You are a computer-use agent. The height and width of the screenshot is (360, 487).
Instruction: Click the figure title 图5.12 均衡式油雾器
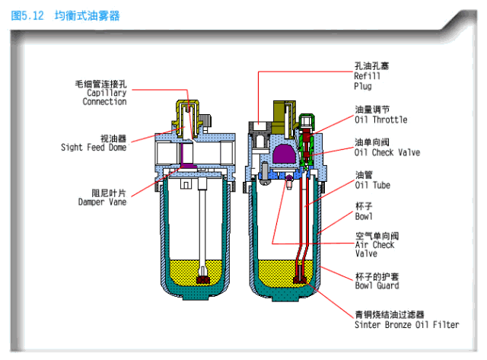(65, 15)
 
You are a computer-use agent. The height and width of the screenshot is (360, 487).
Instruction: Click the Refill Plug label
(367, 80)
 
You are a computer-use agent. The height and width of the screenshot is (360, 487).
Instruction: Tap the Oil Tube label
(371, 184)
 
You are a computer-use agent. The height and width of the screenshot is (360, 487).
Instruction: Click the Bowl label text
(364, 216)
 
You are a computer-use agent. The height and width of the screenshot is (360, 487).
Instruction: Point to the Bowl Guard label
(376, 286)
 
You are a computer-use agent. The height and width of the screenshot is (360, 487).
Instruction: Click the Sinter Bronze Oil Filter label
(406, 324)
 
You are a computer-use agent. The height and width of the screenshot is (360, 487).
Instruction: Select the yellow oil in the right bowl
(278, 269)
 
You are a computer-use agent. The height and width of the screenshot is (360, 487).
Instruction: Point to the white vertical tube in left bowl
(203, 228)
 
